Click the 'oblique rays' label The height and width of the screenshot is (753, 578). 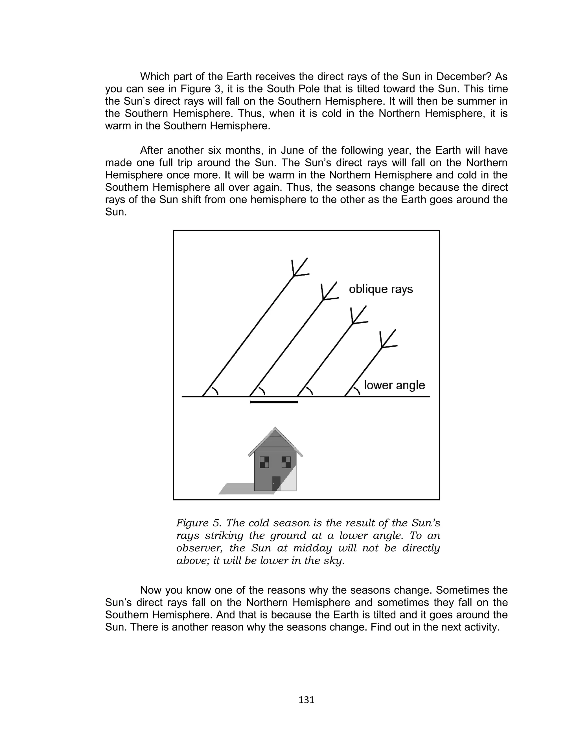tap(380, 289)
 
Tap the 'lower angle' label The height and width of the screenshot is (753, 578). tap(394, 385)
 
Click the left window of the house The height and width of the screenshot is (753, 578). tap(264, 462)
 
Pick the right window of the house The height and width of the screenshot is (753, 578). tap(286, 462)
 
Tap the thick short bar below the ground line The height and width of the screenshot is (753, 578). tap(274, 402)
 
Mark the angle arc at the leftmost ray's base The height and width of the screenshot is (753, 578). tap(215, 391)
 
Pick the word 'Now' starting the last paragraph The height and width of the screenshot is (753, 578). tap(151, 590)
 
